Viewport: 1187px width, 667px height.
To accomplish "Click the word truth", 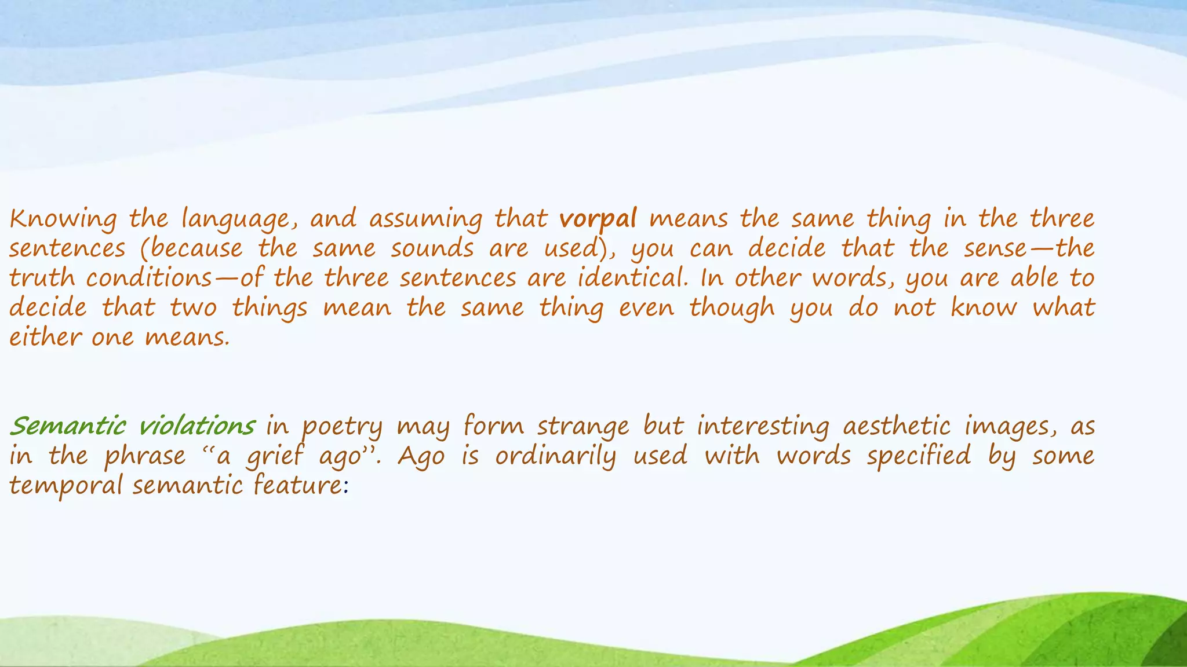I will click(42, 278).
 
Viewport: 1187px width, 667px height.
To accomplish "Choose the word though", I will click(732, 307).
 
